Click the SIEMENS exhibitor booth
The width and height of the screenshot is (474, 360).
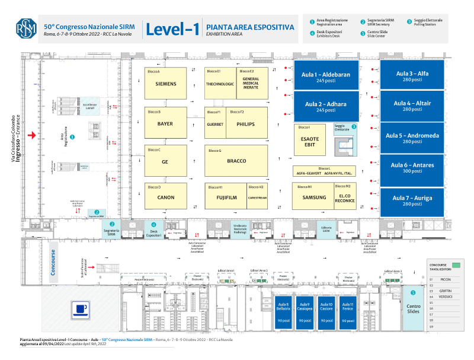[x=166, y=84]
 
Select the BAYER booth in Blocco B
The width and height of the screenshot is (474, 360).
[x=166, y=123]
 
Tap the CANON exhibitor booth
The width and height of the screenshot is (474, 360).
[x=166, y=197]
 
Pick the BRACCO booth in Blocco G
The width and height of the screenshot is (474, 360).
[x=236, y=161]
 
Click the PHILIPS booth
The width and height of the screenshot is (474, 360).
[x=245, y=124]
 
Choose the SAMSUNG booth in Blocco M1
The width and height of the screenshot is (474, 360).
[x=314, y=197]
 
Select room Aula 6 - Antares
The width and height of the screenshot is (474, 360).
[x=412, y=168]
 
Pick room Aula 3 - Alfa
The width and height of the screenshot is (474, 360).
[x=412, y=76]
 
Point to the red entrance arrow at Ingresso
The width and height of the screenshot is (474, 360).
[x=33, y=136]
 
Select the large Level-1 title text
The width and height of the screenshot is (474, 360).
[x=172, y=29]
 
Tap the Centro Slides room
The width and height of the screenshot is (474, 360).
[x=414, y=307]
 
